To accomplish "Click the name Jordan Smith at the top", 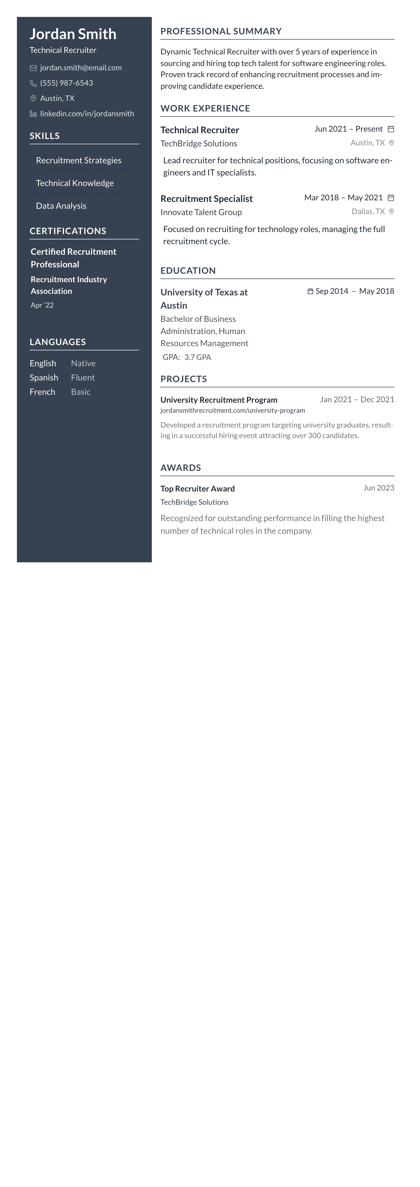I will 73,34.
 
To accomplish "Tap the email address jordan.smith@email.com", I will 81,68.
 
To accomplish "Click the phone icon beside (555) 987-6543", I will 33,84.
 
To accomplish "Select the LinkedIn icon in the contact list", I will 33,114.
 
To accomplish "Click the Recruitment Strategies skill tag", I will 78,160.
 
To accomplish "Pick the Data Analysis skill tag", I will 61,206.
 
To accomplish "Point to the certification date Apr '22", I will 42,305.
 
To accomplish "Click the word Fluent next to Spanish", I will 83,377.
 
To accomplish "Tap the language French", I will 42,392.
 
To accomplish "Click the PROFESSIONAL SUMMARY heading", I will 221,31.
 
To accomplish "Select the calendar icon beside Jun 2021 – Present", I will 390,129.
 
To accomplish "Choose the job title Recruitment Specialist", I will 206,199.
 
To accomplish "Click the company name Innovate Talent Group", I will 201,212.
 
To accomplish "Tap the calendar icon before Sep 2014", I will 310,291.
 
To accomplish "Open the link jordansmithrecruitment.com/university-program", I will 232,410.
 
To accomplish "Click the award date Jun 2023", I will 378,488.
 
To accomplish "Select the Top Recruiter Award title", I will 197,488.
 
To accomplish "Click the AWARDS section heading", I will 180,468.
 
